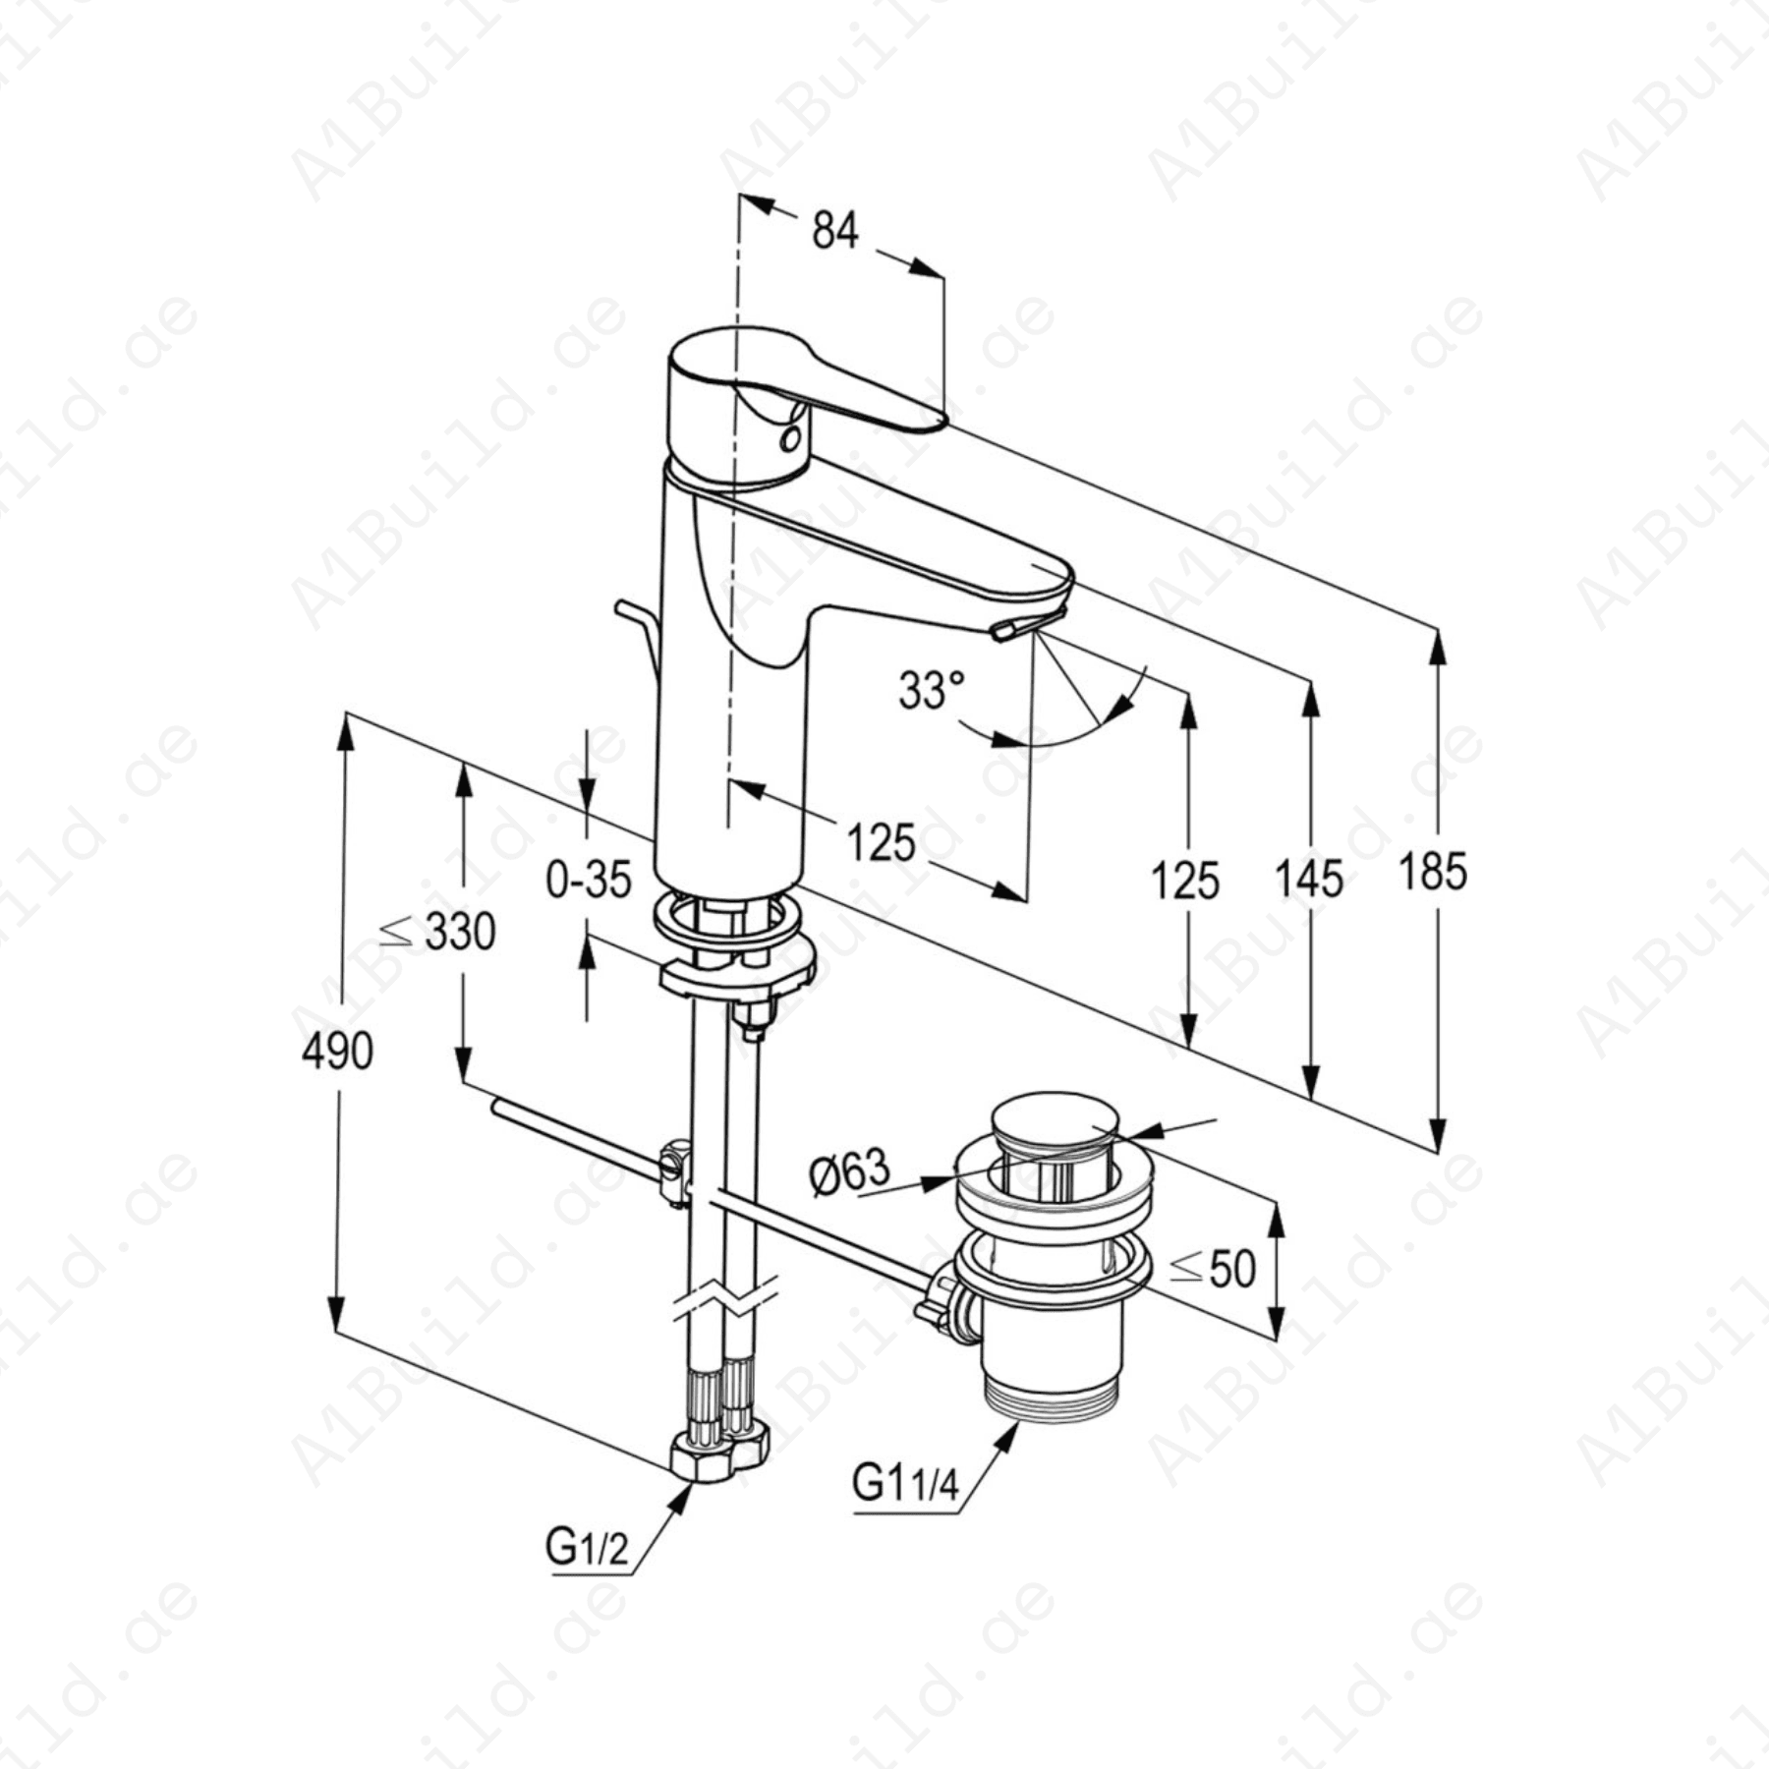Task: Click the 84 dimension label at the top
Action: tap(834, 232)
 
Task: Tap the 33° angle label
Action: tap(931, 690)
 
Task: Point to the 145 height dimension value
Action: tap(1308, 878)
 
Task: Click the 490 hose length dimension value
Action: tap(337, 1052)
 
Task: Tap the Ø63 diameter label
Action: tap(849, 1171)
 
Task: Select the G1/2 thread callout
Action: tap(587, 1549)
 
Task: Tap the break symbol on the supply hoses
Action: tap(725, 1300)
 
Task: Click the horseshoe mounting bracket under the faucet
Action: tap(737, 973)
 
